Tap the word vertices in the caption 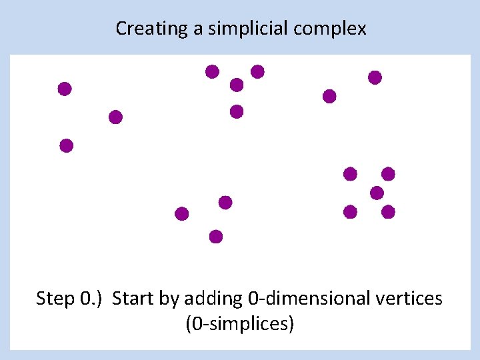pyautogui.click(x=408, y=298)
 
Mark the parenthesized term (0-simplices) pyautogui.click(x=240, y=325)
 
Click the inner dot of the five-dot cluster pyautogui.click(x=377, y=193)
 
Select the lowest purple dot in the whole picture pyautogui.click(x=215, y=236)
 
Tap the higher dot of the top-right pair pyautogui.click(x=375, y=77)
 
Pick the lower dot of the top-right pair pyautogui.click(x=329, y=97)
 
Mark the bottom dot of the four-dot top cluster pyautogui.click(x=237, y=111)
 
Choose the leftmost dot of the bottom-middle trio pyautogui.click(x=181, y=214)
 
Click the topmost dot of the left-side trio pyautogui.click(x=65, y=89)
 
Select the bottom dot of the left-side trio pyautogui.click(x=66, y=145)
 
